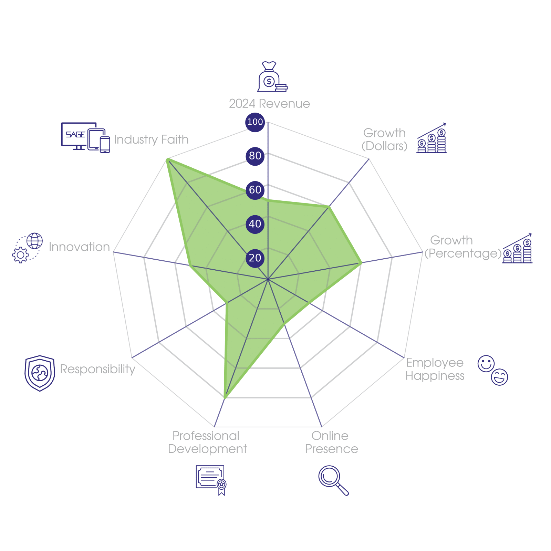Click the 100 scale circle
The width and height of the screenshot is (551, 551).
[x=255, y=122]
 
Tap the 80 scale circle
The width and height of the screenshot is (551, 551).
[x=255, y=156]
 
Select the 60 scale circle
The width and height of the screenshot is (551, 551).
[x=255, y=190]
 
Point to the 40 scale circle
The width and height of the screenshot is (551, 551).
[x=255, y=224]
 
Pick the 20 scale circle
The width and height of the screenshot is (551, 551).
[x=255, y=258]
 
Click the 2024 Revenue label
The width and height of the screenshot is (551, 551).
[x=269, y=104]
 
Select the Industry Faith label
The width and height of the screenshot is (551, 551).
[x=151, y=139]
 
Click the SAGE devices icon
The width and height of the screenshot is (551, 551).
[x=85, y=137]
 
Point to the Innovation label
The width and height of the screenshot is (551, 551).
[x=79, y=247]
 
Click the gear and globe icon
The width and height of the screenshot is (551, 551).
[x=28, y=248]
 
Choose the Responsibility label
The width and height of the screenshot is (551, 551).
[x=97, y=369]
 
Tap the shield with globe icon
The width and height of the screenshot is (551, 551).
[x=40, y=373]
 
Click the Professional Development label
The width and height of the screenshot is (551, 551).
[x=207, y=443]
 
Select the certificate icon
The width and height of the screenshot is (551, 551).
[x=211, y=480]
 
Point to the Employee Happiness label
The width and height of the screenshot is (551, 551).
[x=435, y=369]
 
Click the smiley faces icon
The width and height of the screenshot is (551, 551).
[x=492, y=370]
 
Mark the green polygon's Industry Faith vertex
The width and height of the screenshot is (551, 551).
[x=167, y=159]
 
